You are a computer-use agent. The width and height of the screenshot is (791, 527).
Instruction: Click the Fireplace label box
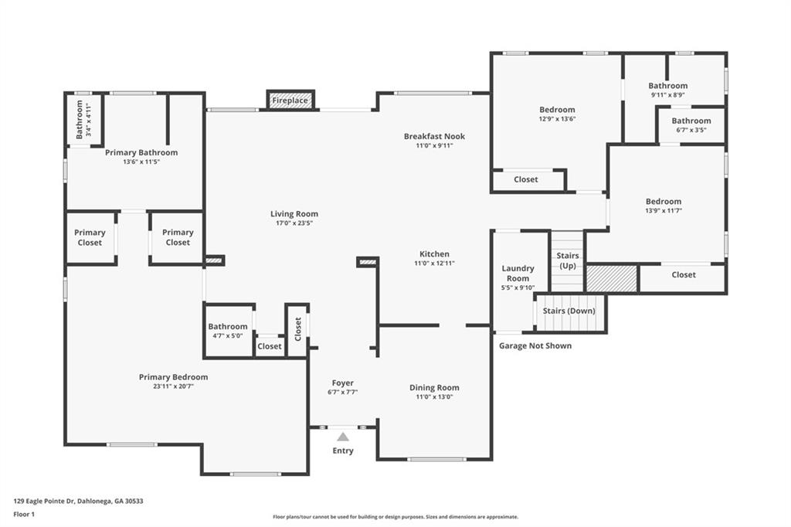(x=290, y=100)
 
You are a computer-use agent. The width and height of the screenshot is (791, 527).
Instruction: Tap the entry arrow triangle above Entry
(x=343, y=437)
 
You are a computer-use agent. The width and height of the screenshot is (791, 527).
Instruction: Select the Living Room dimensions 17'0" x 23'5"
(x=294, y=223)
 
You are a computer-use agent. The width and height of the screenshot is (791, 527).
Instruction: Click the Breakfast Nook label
(x=434, y=136)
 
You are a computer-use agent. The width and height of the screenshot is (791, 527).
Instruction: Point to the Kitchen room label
(x=434, y=254)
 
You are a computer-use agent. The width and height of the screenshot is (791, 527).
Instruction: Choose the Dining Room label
(x=434, y=388)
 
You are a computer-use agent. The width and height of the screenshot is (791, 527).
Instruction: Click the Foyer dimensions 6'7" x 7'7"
(x=343, y=393)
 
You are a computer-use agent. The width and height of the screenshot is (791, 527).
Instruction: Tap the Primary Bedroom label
(x=174, y=377)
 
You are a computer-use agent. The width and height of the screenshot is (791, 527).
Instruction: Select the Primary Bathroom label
(x=141, y=152)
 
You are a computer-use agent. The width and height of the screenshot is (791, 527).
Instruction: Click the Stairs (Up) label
(x=568, y=260)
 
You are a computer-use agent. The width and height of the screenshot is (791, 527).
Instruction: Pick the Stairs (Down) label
(x=569, y=311)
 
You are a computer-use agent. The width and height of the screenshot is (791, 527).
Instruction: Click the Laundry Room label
(x=518, y=273)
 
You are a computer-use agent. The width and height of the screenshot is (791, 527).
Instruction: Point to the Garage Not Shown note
(x=535, y=345)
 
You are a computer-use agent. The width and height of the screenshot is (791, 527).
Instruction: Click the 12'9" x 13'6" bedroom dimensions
(x=558, y=119)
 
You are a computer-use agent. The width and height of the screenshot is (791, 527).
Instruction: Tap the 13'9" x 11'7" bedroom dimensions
(x=664, y=211)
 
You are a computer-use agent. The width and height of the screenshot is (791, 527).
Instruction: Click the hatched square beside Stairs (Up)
(x=612, y=278)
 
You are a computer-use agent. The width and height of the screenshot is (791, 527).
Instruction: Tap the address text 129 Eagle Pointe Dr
(x=44, y=501)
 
